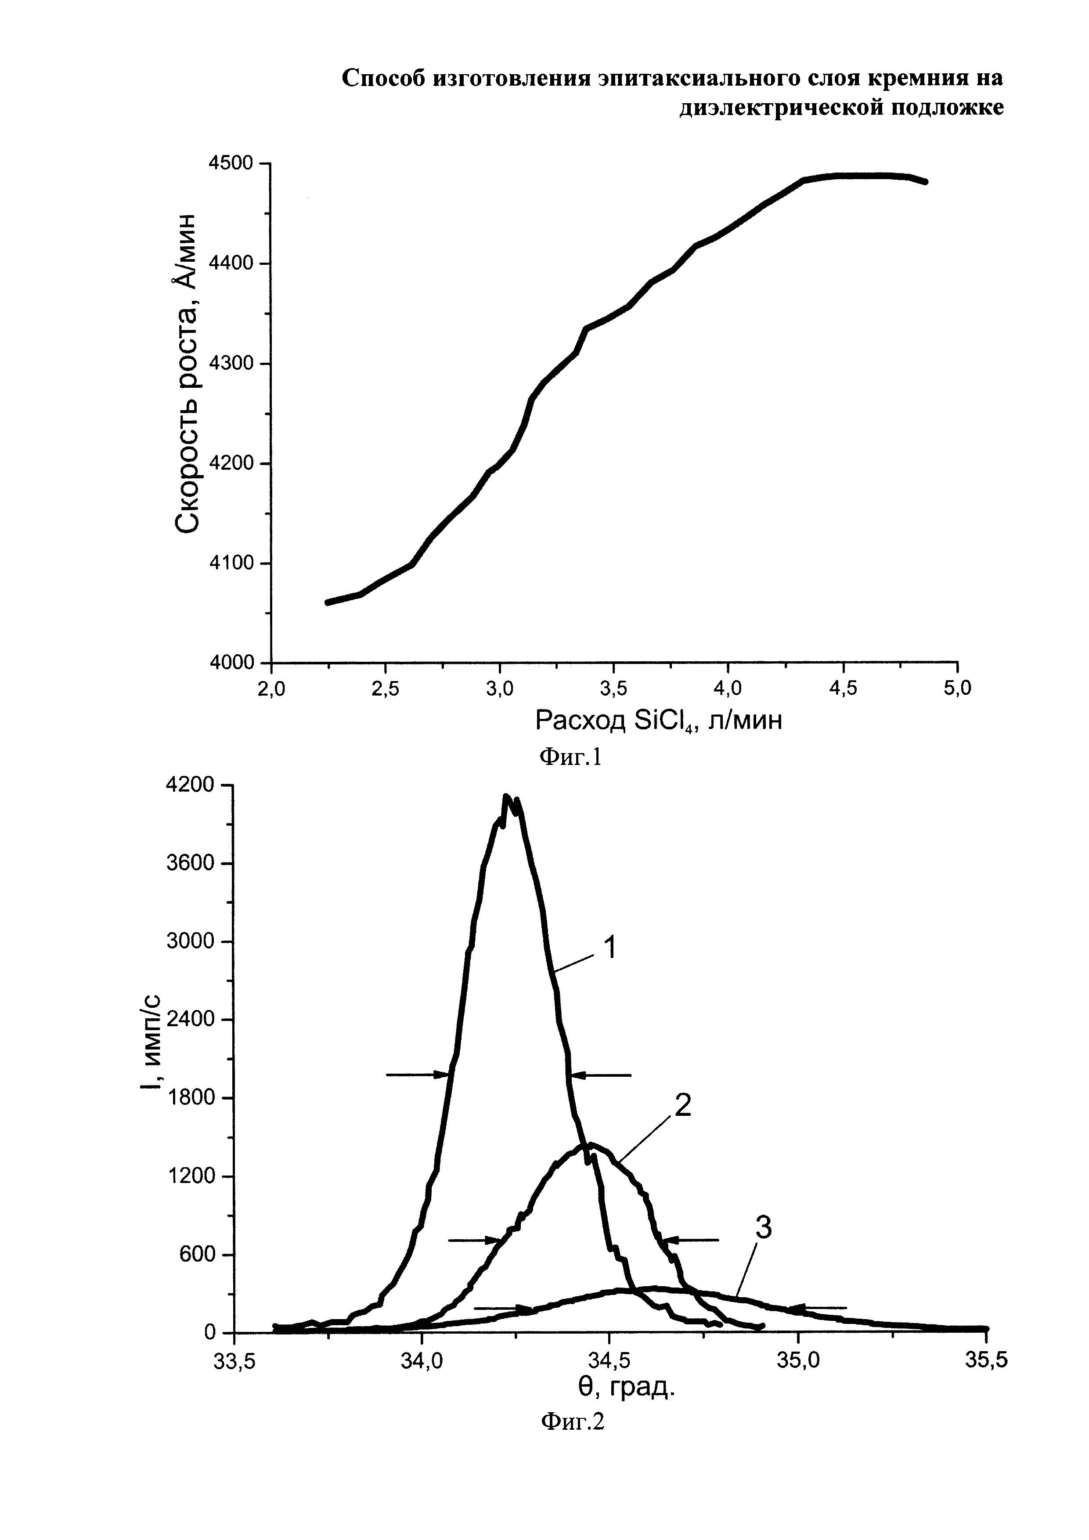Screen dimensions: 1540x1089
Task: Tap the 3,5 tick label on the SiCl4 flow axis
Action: point(613,689)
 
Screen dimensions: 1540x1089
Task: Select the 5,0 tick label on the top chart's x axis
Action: point(957,689)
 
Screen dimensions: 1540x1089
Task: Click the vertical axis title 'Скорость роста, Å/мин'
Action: point(188,374)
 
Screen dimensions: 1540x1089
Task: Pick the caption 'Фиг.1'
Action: point(571,757)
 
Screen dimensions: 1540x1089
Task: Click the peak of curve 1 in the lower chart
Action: point(507,796)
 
